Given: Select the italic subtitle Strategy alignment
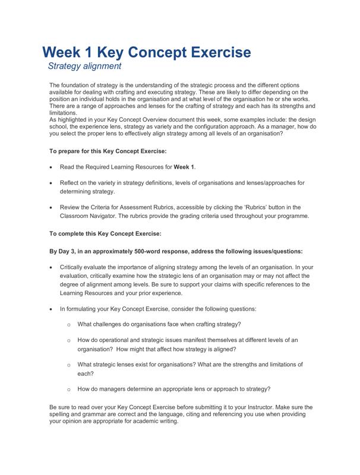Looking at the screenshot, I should [84, 66].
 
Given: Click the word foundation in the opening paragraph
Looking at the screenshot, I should [78, 85].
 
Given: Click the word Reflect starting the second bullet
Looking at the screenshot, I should [71, 183].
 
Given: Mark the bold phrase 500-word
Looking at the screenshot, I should [152, 251].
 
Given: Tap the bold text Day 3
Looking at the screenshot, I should [67, 251].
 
